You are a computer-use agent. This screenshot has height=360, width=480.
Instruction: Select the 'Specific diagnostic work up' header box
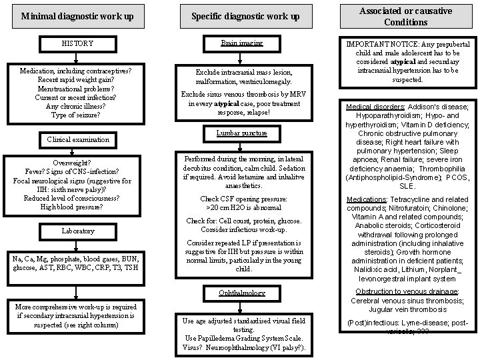click(x=245, y=15)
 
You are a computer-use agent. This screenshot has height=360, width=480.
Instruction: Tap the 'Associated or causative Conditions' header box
click(x=405, y=16)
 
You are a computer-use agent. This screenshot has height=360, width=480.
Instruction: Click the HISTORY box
click(x=78, y=44)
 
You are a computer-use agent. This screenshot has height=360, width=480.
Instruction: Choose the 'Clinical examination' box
click(x=78, y=140)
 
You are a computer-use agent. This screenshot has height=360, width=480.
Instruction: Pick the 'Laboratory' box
click(x=78, y=231)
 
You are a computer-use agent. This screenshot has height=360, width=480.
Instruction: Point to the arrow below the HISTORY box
click(x=78, y=57)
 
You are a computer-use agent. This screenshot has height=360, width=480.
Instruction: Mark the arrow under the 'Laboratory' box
click(x=78, y=244)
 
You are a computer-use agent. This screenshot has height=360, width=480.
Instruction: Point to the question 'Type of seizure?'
click(x=75, y=115)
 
